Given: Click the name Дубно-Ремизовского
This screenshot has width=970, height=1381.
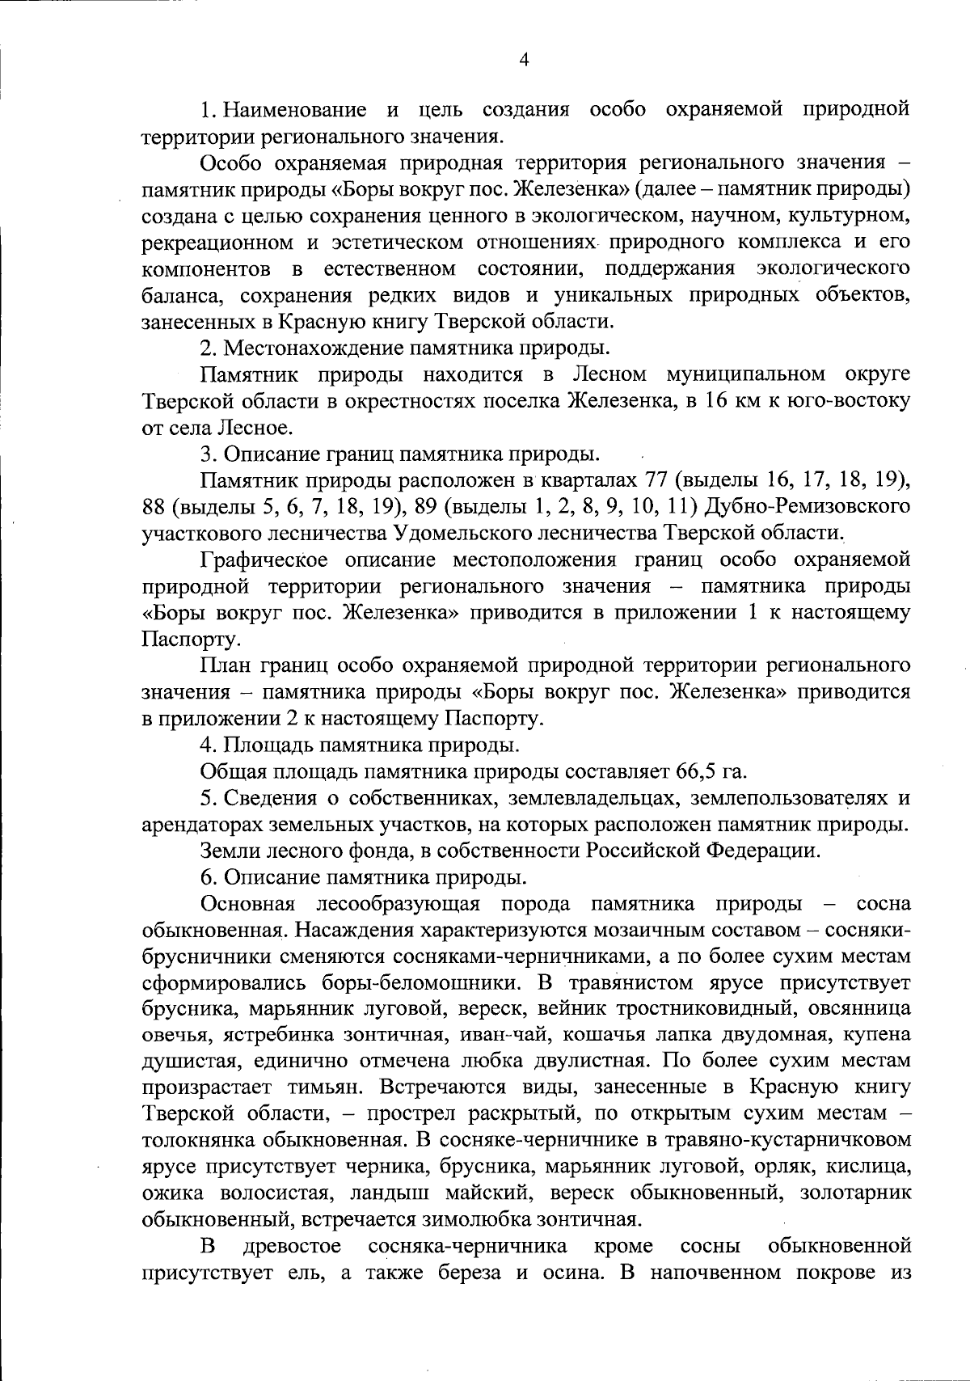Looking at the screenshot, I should click(x=808, y=506).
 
